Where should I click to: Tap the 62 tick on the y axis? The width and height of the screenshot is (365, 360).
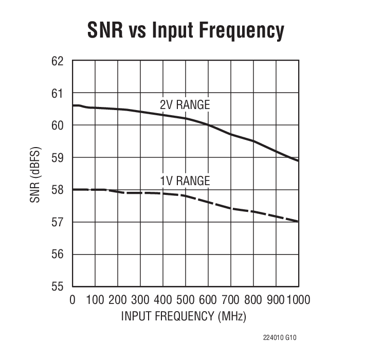click(x=58, y=61)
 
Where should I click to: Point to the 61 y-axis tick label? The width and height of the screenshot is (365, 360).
click(x=58, y=94)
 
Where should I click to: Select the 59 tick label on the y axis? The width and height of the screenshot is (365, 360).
click(x=58, y=158)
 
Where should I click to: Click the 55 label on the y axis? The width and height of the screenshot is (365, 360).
click(x=58, y=286)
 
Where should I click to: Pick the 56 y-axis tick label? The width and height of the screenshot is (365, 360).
click(x=58, y=255)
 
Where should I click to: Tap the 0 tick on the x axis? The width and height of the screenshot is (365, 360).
click(x=72, y=299)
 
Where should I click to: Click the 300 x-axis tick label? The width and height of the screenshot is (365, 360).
click(x=140, y=299)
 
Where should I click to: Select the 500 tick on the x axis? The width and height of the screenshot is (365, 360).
click(x=185, y=299)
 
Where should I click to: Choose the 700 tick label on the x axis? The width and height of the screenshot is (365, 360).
click(x=230, y=299)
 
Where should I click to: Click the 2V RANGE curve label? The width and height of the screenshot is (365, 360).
click(x=185, y=105)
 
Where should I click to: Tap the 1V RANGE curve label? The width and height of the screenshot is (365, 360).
click(x=185, y=181)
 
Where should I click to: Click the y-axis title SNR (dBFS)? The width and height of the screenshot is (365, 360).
click(x=35, y=174)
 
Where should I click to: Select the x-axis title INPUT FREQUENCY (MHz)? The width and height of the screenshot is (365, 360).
click(x=184, y=316)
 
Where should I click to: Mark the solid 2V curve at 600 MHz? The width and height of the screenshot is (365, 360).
click(x=208, y=125)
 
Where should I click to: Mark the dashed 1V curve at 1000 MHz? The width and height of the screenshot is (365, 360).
click(x=298, y=222)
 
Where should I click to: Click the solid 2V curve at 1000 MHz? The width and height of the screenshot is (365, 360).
click(x=298, y=160)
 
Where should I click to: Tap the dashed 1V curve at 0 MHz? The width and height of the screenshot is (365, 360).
click(x=73, y=190)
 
